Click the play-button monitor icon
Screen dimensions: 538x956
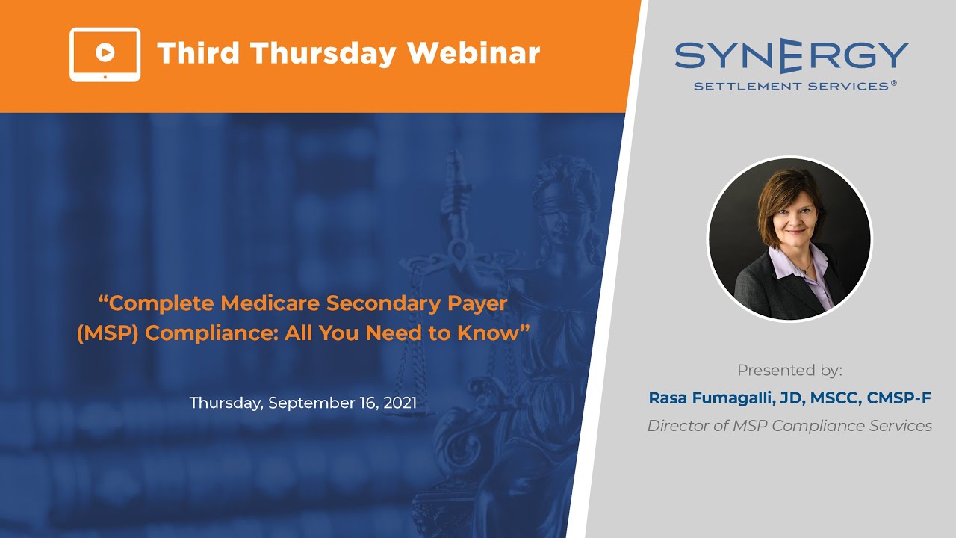point(105,54)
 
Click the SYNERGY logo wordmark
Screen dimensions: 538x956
point(791,57)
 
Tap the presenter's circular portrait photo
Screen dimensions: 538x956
point(789,239)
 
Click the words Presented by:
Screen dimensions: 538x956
point(789,370)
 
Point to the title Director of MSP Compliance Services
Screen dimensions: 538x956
point(789,426)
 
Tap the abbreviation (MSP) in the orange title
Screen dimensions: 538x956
point(108,333)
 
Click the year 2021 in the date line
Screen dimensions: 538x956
point(400,403)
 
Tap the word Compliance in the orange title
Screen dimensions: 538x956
point(211,333)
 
